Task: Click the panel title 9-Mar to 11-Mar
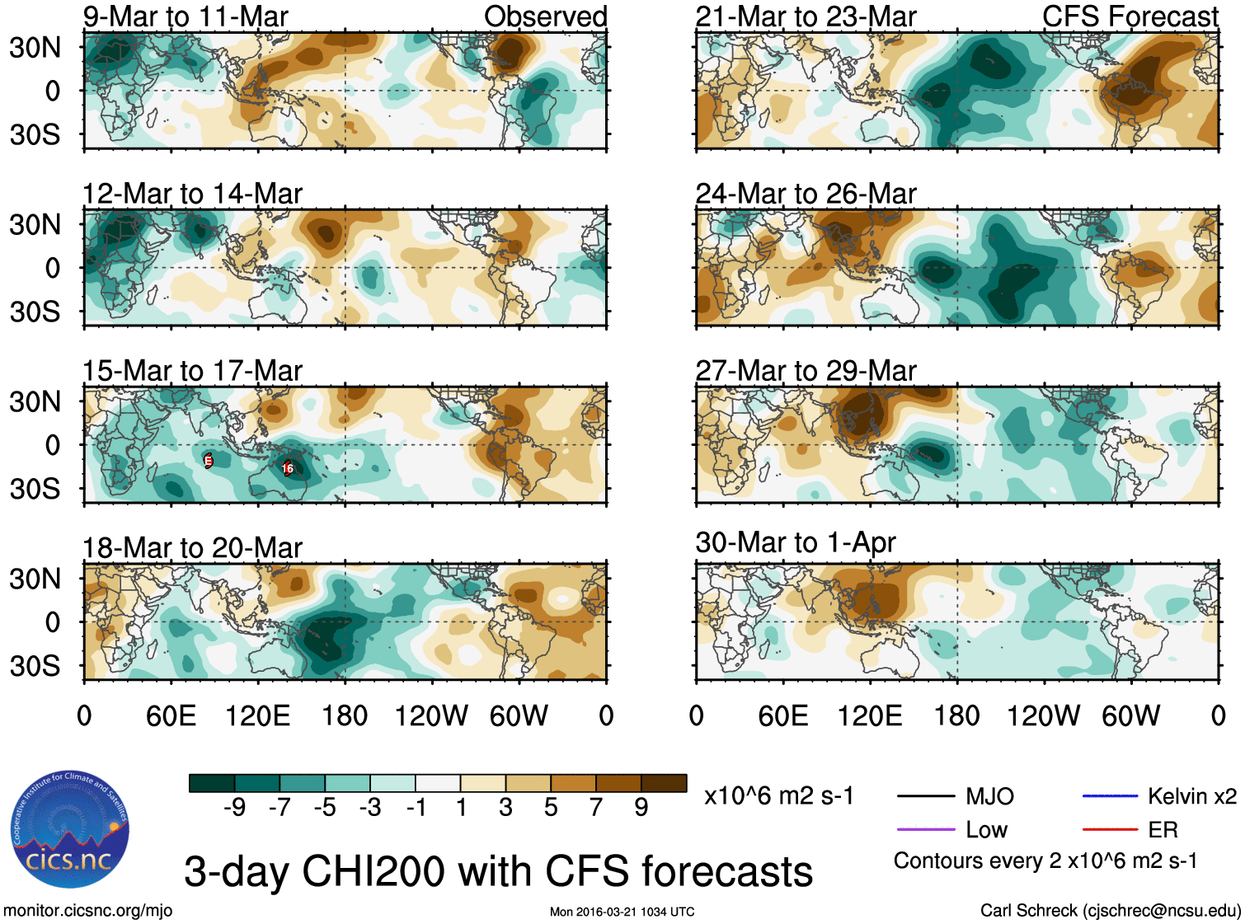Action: pyautogui.click(x=186, y=16)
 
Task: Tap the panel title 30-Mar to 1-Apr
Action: pyautogui.click(x=795, y=542)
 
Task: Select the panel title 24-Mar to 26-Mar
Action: pyautogui.click(x=806, y=194)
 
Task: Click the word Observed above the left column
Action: pyautogui.click(x=545, y=16)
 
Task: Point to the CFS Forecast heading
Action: pyautogui.click(x=1130, y=16)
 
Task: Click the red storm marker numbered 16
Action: pyautogui.click(x=288, y=468)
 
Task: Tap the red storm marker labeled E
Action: pyautogui.click(x=209, y=461)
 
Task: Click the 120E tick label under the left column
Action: pyautogui.click(x=257, y=715)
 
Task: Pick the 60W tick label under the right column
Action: pyautogui.click(x=1130, y=715)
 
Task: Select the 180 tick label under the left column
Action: pyautogui.click(x=345, y=715)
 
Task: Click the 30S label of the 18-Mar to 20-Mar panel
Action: pyautogui.click(x=35, y=666)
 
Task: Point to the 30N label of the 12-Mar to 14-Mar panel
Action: pyautogui.click(x=35, y=224)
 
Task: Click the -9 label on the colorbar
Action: pyautogui.click(x=234, y=808)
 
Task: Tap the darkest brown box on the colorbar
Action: pyautogui.click(x=664, y=783)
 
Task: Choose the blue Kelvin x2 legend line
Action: pyautogui.click(x=1110, y=796)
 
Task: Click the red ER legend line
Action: pyautogui.click(x=1110, y=829)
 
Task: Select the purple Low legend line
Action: pyautogui.click(x=925, y=829)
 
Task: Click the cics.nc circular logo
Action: pyautogui.click(x=69, y=829)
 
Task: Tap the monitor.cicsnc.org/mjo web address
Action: pyautogui.click(x=88, y=911)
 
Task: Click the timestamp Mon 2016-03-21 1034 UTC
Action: pyautogui.click(x=622, y=912)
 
